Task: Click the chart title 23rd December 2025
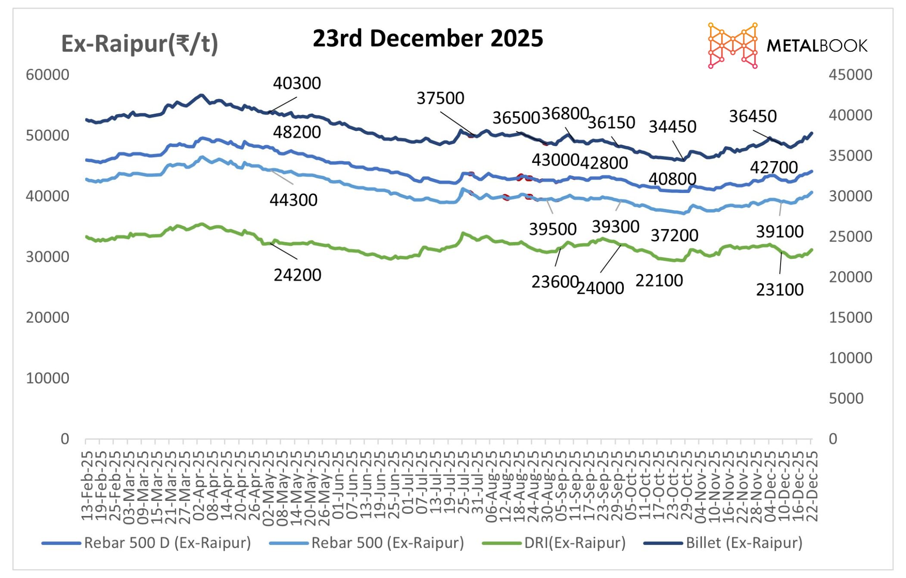[427, 38]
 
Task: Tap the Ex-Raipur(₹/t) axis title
[140, 44]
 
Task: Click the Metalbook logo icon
[732, 46]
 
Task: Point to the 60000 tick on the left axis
[47, 75]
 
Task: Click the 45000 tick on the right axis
[850, 75]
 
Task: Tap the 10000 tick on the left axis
[47, 378]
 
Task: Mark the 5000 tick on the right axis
[846, 398]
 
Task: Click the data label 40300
[297, 83]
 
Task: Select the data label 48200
[297, 132]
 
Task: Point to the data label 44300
[293, 200]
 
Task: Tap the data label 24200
[297, 275]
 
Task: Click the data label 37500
[440, 98]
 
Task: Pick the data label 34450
[672, 127]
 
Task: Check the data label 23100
[780, 289]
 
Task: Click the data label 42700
[774, 167]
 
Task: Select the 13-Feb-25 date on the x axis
[87, 487]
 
